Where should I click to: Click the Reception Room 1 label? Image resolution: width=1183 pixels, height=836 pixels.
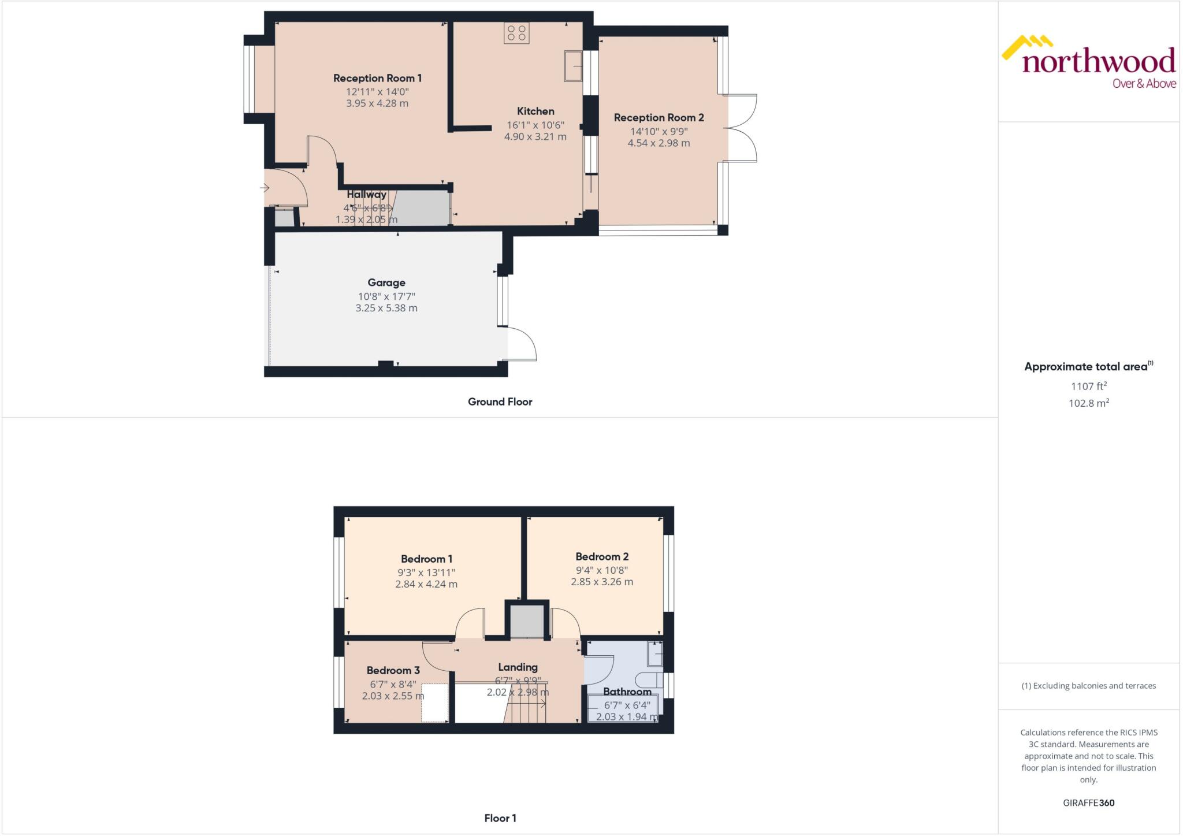pyautogui.click(x=377, y=78)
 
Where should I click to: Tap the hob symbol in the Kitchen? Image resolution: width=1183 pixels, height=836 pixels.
pyautogui.click(x=516, y=33)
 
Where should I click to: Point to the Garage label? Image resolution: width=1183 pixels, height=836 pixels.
pyautogui.click(x=386, y=283)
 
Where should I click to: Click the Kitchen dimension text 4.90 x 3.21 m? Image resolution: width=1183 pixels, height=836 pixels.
pyautogui.click(x=535, y=137)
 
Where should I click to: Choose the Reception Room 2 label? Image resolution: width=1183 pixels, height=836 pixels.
pyautogui.click(x=659, y=117)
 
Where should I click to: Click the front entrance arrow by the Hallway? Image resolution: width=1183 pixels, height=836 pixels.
pyautogui.click(x=265, y=188)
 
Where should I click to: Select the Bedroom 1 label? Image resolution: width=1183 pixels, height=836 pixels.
pyautogui.click(x=426, y=559)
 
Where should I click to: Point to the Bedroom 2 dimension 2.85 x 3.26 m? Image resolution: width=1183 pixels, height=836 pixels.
pyautogui.click(x=602, y=582)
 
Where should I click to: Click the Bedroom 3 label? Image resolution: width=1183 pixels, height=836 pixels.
pyautogui.click(x=393, y=670)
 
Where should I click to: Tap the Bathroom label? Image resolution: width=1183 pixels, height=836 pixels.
pyautogui.click(x=627, y=692)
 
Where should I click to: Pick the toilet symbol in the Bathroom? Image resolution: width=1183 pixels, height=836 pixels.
pyautogui.click(x=648, y=679)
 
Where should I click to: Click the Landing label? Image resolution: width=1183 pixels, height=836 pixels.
pyautogui.click(x=518, y=667)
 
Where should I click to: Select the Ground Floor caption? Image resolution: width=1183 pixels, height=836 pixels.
pyautogui.click(x=500, y=402)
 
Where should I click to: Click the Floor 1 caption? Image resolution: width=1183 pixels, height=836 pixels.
pyautogui.click(x=500, y=818)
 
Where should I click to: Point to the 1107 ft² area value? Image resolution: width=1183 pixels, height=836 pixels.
pyautogui.click(x=1088, y=387)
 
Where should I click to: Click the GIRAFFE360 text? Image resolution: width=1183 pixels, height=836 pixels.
pyautogui.click(x=1088, y=802)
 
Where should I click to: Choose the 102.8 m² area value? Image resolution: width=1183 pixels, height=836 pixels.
pyautogui.click(x=1088, y=403)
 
